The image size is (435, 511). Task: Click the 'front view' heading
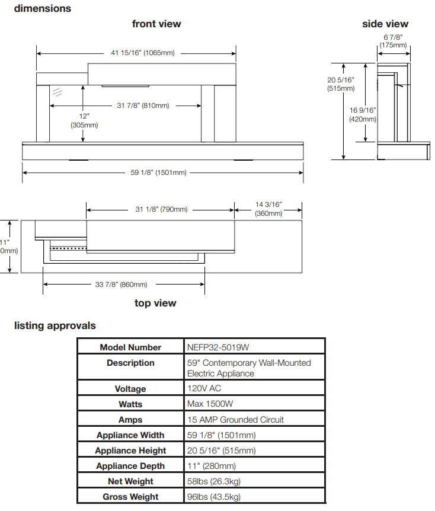[156, 24]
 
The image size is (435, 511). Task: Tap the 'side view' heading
[385, 24]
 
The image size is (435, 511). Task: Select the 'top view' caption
[155, 303]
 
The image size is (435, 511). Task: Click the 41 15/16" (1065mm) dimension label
[143, 53]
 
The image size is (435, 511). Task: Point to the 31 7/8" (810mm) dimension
[143, 106]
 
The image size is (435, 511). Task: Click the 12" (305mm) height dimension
[84, 120]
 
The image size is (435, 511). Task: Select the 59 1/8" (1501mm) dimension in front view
[158, 173]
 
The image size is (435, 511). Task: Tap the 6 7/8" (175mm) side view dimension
[393, 41]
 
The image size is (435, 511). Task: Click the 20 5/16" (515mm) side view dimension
[341, 84]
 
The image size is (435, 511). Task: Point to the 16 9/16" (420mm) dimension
[363, 115]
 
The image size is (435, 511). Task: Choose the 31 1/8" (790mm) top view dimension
[162, 209]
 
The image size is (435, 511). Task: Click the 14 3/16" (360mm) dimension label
[268, 209]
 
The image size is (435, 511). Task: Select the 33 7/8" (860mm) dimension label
[121, 285]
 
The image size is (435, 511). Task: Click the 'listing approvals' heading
[55, 325]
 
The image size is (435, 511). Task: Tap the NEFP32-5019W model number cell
[218, 347]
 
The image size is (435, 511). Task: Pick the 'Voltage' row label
[130, 389]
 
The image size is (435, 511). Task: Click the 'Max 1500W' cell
[210, 404]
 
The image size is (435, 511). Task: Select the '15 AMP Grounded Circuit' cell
[236, 420]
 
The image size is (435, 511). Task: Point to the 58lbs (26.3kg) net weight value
[214, 481]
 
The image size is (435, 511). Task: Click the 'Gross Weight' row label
[130, 497]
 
